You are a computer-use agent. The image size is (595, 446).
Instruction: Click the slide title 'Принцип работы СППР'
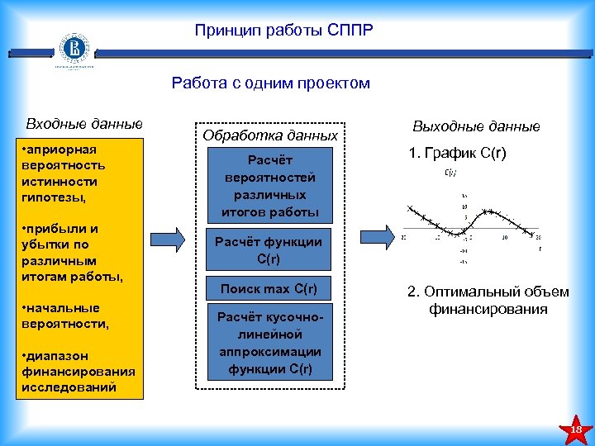(x=284, y=31)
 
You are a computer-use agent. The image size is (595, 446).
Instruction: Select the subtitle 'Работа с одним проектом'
(x=271, y=83)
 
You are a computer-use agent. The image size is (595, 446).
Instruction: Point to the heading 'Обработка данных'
(x=270, y=135)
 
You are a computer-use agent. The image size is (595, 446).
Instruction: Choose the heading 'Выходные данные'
(x=476, y=126)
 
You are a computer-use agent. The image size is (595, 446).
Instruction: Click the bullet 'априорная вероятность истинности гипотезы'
(x=60, y=173)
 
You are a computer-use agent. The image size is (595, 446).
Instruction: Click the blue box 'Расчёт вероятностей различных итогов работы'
(x=270, y=186)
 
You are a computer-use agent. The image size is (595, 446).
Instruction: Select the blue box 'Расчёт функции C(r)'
(x=270, y=250)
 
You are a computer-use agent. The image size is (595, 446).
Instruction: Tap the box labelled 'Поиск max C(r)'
(x=270, y=288)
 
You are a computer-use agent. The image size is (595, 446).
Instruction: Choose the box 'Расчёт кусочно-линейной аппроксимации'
(x=270, y=343)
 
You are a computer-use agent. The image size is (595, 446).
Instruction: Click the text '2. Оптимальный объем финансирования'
(x=488, y=301)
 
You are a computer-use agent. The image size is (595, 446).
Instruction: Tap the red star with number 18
(x=576, y=429)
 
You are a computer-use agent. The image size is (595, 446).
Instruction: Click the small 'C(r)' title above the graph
(x=451, y=173)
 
